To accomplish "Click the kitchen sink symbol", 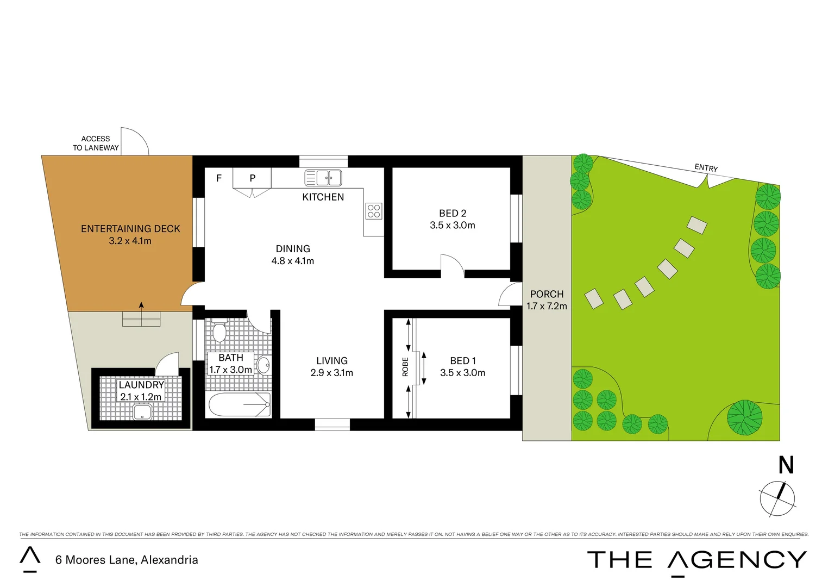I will coord(323,178).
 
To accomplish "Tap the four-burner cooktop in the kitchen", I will coord(374,211).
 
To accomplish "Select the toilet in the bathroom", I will coord(219,332).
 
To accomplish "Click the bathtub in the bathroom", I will coord(239,405).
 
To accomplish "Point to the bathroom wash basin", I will coord(263,365).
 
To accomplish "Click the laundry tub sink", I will coord(142,412).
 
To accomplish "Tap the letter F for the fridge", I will coord(219,178).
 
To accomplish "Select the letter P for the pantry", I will coord(253,178).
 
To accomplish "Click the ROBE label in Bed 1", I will coord(405,367).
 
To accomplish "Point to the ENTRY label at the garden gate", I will coord(706,168).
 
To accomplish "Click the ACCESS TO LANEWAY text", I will coord(96,143).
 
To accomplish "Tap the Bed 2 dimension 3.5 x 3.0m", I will coord(452,226).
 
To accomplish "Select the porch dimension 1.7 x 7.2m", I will coord(547,307).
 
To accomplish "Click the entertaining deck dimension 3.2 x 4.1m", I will coord(130,241).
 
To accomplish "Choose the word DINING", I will coord(293,249).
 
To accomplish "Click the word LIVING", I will coord(332,361).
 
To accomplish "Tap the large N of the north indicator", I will coord(786,465).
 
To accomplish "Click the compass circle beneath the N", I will coord(777,498).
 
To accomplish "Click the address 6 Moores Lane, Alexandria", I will coord(127,560).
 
